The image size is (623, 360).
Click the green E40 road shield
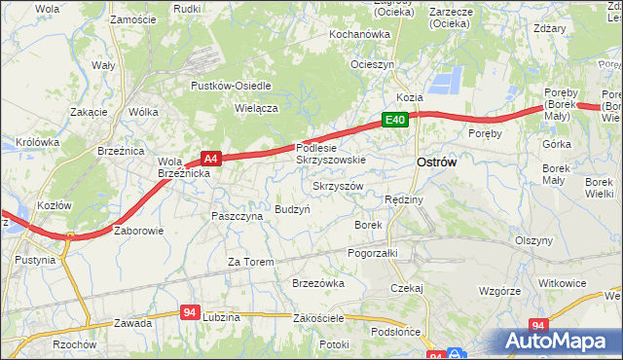[x=393, y=120]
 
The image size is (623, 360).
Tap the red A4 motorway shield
[x=211, y=157]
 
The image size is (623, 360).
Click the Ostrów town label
[x=436, y=163]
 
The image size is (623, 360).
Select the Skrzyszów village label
[x=338, y=186]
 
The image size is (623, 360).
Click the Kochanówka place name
[x=359, y=34]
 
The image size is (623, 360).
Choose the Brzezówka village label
[x=318, y=283]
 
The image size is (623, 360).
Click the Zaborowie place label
[x=139, y=232]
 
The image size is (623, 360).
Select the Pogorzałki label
[x=373, y=252]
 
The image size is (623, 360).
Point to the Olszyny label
[x=534, y=240]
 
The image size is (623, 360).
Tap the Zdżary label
[x=550, y=28]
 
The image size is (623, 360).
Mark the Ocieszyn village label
[x=373, y=64]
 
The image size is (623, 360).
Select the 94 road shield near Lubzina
[x=191, y=312]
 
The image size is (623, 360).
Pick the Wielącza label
[x=257, y=109]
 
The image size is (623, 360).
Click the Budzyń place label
[x=292, y=209]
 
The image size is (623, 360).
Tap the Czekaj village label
[x=406, y=288]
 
